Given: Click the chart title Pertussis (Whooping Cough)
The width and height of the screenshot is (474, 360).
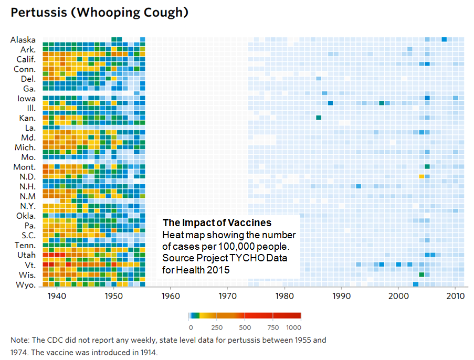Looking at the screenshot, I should coord(99,13).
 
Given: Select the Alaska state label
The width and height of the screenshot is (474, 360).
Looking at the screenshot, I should coord(23,40).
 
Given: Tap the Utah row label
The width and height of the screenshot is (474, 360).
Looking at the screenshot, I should coord(26,255).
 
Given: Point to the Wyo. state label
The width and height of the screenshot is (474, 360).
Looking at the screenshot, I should coord(26,285).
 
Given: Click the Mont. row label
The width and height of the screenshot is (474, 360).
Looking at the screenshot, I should coord(25,167).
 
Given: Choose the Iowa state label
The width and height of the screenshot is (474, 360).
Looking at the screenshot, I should coord(26,99).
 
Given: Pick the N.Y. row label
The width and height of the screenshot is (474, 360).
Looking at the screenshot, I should coord(27,206).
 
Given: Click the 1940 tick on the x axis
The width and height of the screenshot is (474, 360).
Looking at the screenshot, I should coord(56,296).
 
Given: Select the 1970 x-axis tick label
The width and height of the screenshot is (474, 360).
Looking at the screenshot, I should coord(227,296).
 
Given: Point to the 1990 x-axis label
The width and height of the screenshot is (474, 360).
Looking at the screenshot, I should coord(342,296).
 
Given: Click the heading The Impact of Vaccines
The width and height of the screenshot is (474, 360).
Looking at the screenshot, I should coord(217,223).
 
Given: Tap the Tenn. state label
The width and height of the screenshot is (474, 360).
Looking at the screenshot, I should coord(25,246).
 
